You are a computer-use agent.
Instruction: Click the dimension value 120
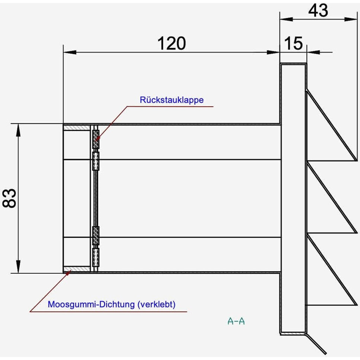(171, 44)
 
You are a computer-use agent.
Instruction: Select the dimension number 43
(318, 10)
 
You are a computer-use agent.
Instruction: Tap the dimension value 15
(294, 44)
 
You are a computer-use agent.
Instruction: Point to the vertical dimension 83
(10, 198)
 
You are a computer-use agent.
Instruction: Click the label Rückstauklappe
(171, 100)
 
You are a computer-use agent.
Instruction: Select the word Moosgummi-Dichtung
(91, 304)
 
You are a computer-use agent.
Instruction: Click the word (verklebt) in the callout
(156, 304)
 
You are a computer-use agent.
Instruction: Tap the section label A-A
(236, 321)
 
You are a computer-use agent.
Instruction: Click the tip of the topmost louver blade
(356, 160)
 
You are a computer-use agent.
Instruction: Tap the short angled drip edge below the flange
(316, 344)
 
